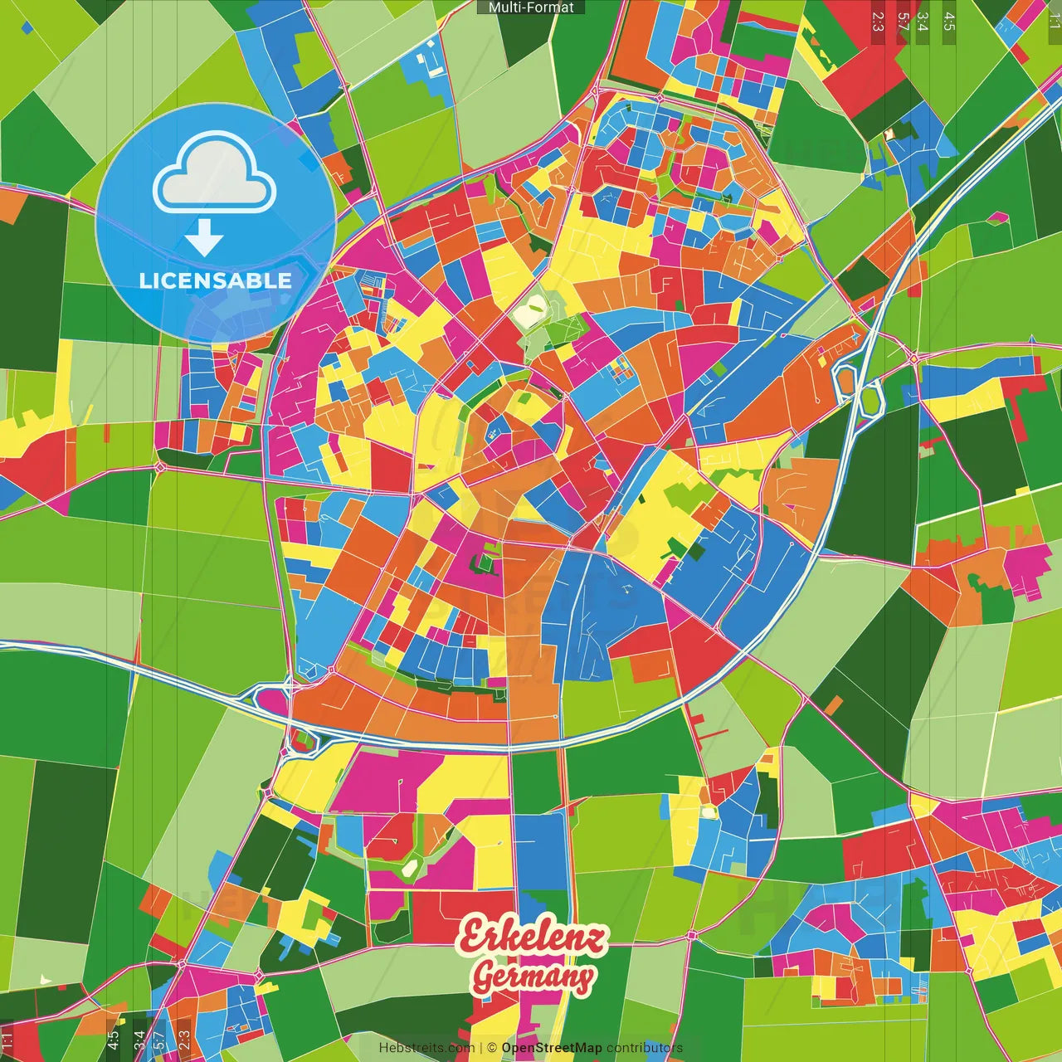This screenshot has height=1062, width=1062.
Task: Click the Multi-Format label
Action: coord(531,7)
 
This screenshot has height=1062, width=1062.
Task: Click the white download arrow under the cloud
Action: coord(204,237)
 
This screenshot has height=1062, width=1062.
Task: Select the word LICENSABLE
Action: coord(216,280)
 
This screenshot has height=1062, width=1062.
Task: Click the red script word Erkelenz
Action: coord(531,937)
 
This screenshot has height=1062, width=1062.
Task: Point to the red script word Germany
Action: coord(533,977)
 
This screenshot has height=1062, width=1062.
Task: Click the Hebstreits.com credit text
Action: coord(426,1048)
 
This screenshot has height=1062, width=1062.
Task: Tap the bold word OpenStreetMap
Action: coord(552,1048)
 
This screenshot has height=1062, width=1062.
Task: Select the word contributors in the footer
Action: coord(645,1048)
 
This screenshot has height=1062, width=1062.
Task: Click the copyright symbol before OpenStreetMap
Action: coord(492,1048)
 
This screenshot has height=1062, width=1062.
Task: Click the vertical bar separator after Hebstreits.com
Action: coord(481,1048)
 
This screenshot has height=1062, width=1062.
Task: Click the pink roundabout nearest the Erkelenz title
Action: coord(691,936)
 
